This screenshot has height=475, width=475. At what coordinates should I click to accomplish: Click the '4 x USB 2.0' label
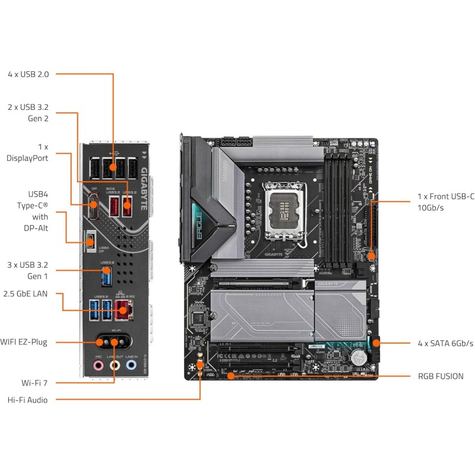(28, 74)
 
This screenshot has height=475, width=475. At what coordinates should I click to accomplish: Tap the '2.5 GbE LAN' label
(25, 293)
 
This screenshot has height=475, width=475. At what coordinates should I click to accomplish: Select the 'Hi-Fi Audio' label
(27, 400)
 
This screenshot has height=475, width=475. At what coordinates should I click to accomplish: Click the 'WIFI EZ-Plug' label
(24, 342)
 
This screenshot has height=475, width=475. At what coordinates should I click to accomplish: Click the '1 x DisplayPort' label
(27, 152)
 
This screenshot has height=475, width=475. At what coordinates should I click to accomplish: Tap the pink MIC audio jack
(99, 366)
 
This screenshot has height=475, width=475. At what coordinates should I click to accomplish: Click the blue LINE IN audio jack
(132, 366)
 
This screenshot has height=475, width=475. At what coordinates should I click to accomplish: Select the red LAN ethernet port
(123, 308)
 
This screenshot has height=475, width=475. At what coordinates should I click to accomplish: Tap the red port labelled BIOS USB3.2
(113, 207)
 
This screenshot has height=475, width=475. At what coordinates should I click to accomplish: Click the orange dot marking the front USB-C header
(370, 256)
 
